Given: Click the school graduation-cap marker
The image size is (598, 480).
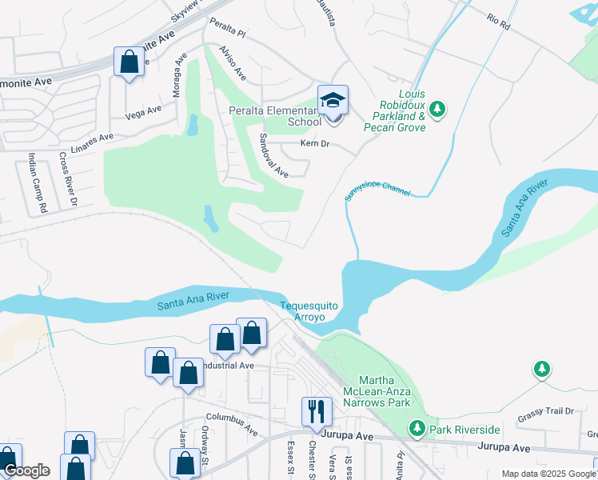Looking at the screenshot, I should coord(333,102).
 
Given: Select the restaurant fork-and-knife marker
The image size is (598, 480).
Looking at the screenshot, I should coord(317,411).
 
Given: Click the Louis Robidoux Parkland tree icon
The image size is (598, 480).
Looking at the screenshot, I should coord(437,108).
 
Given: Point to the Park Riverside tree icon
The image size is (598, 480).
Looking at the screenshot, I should coord(417,430).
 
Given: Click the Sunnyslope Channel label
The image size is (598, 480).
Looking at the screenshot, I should coord(377,190).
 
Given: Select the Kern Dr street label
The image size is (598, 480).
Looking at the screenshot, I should coord(315,144).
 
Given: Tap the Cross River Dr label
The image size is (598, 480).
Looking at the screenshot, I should coord(67,180).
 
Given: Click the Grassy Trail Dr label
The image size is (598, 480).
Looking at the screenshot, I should coord(545,412).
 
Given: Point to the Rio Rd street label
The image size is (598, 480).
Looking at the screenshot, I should coord(499,22).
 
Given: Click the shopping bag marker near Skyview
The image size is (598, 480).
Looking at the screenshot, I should coord(129,62).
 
